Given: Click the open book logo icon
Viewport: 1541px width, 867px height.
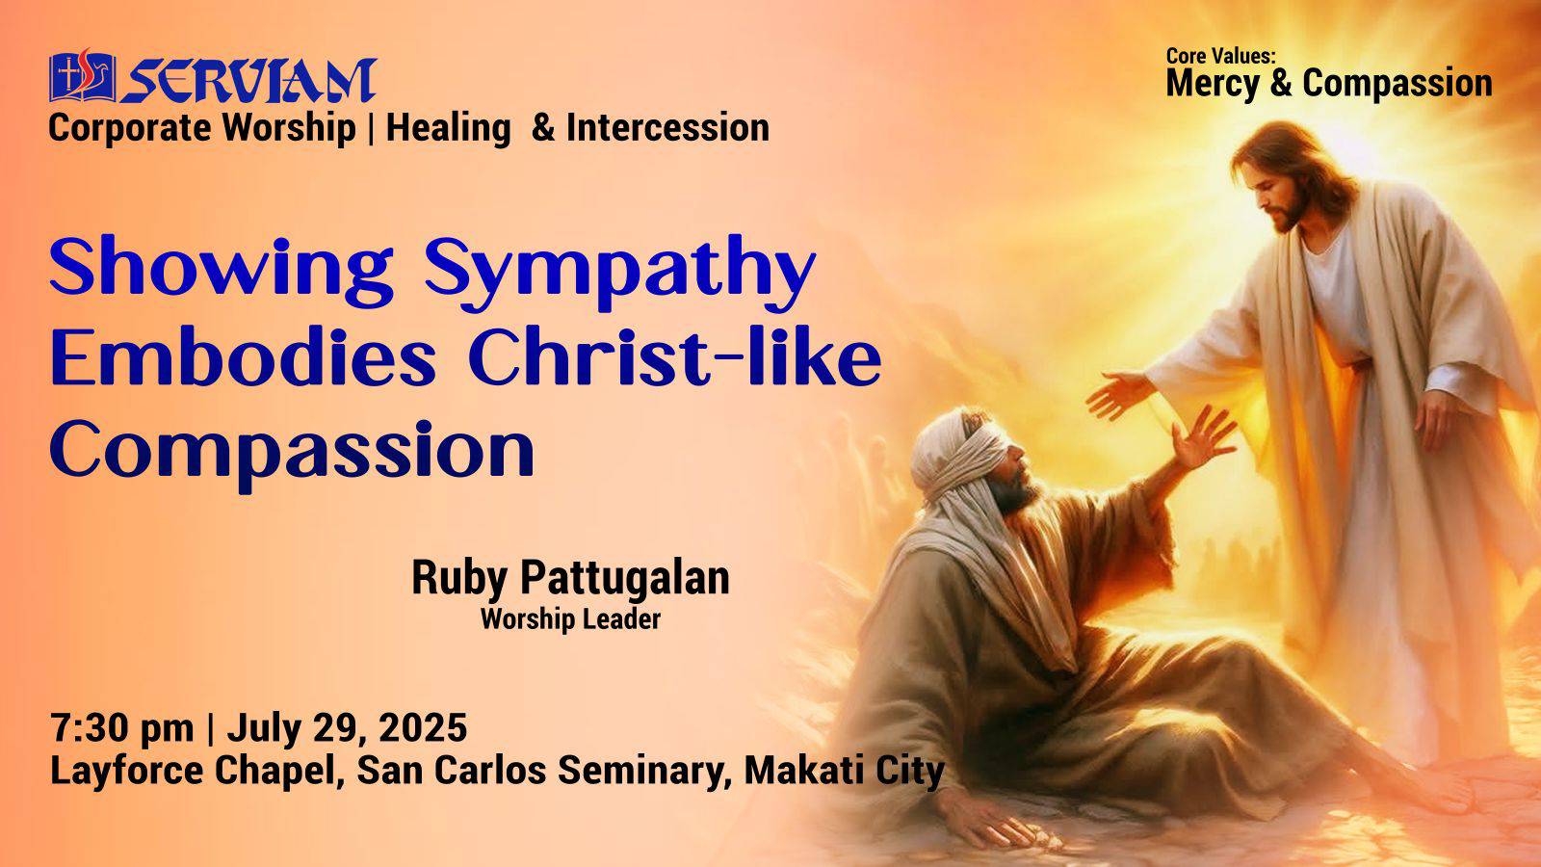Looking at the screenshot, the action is [x=82, y=76].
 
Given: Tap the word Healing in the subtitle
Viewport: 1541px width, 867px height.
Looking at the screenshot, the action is [x=449, y=129].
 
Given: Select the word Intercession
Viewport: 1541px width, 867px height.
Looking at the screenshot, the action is [x=667, y=128].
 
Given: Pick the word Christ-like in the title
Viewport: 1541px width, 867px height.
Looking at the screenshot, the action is [x=675, y=358].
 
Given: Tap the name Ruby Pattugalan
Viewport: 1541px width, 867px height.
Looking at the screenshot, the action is [x=570, y=578].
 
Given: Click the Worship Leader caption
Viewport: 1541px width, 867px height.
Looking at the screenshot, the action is [x=570, y=619].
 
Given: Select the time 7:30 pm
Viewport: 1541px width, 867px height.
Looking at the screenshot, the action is [x=121, y=727].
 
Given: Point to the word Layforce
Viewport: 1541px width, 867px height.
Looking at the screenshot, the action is [x=126, y=771].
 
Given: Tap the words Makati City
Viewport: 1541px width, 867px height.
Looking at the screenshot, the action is [x=844, y=771].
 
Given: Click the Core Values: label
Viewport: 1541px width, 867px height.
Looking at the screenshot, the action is [x=1221, y=57].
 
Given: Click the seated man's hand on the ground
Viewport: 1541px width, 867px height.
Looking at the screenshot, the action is [x=991, y=819].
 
